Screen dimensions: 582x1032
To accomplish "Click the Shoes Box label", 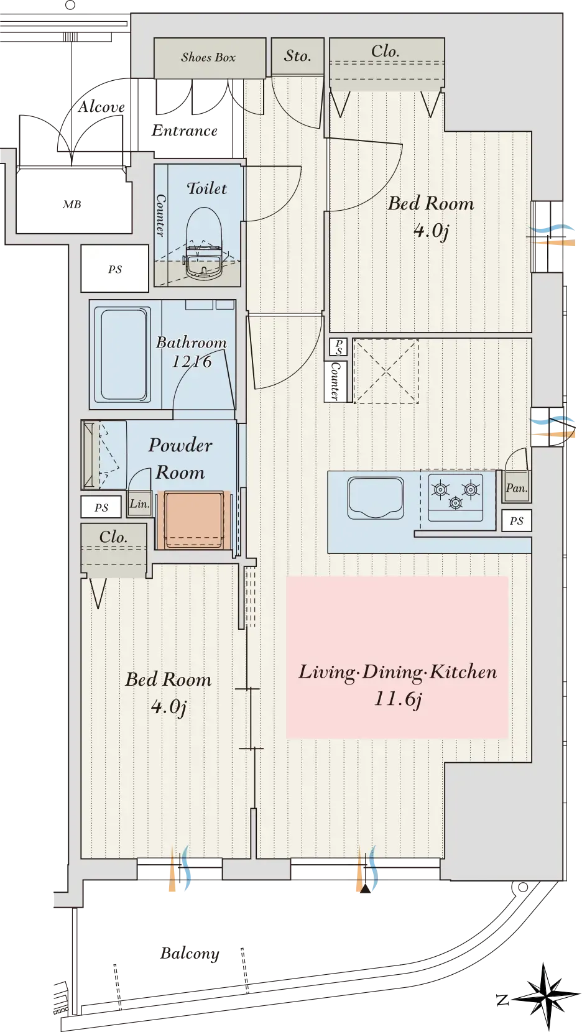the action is coord(208,57).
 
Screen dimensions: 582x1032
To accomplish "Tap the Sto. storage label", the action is coord(297,56).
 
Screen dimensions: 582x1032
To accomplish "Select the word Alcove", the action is coord(101,106).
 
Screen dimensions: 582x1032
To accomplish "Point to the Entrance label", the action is coord(184,131).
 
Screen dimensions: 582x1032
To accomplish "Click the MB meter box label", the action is coord(72,204).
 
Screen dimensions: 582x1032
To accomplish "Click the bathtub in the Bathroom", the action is coord(123,354).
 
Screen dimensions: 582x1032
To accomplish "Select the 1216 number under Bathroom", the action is coord(192,362).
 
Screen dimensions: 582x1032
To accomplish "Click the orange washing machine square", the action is coord(193,520).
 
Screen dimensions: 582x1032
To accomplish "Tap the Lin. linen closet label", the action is coord(139,504).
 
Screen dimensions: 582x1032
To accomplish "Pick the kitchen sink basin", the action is coord(376,498).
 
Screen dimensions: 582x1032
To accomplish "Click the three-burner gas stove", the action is coord(455,497).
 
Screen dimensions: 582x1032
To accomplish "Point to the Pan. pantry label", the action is coord(516,488).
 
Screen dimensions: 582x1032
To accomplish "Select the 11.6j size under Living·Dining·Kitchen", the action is coord(398,699).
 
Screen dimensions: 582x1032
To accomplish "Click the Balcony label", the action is coord(190,953).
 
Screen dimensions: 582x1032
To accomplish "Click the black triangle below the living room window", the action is coord(365,889).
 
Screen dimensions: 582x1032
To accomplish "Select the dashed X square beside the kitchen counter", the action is coord(386,371).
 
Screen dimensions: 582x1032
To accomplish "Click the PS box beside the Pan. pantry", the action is coord(517,521).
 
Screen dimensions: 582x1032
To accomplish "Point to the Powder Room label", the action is coord(180,458).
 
